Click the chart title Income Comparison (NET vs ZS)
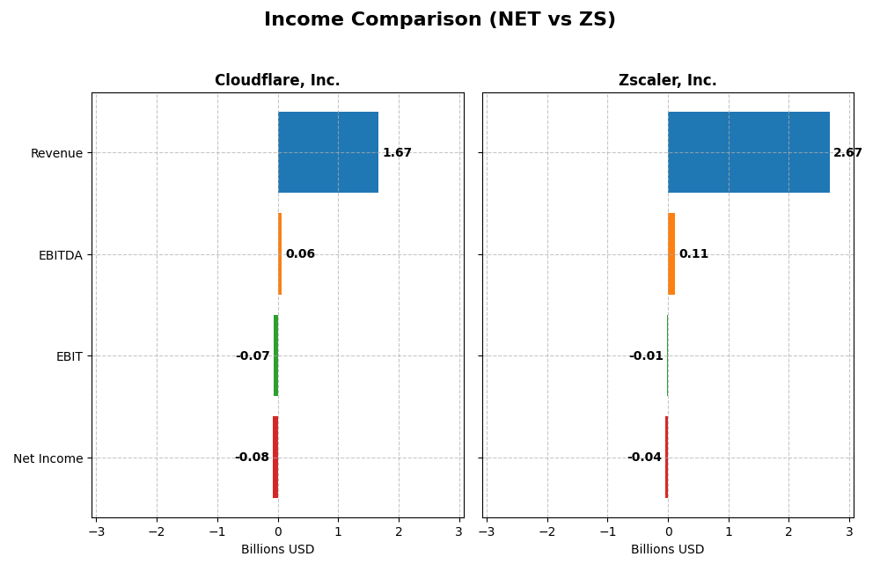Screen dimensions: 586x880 tap(439, 19)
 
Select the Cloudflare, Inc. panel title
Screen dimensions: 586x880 tap(277, 80)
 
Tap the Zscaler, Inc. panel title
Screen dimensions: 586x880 tap(667, 80)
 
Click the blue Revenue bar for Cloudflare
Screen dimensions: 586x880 tap(328, 152)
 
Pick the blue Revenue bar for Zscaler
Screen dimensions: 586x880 tap(748, 152)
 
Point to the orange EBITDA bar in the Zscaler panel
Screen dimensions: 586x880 tap(671, 254)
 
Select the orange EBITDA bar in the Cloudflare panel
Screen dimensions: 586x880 tap(280, 254)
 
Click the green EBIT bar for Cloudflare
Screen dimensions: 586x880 tap(275, 355)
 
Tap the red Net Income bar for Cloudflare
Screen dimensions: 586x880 tap(275, 458)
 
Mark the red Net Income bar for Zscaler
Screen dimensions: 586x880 tap(666, 458)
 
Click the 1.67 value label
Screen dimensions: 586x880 tap(397, 153)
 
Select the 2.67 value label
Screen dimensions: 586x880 tap(847, 153)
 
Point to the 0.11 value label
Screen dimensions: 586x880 tap(693, 254)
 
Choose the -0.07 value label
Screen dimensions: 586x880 tap(253, 356)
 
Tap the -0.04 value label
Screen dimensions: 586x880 tap(644, 458)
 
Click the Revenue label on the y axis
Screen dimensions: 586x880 tap(56, 153)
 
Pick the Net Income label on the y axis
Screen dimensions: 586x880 tap(48, 458)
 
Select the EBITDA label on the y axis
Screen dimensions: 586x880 tap(60, 255)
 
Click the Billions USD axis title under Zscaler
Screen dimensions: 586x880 tap(667, 549)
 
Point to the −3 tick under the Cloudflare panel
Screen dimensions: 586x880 tap(96, 531)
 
